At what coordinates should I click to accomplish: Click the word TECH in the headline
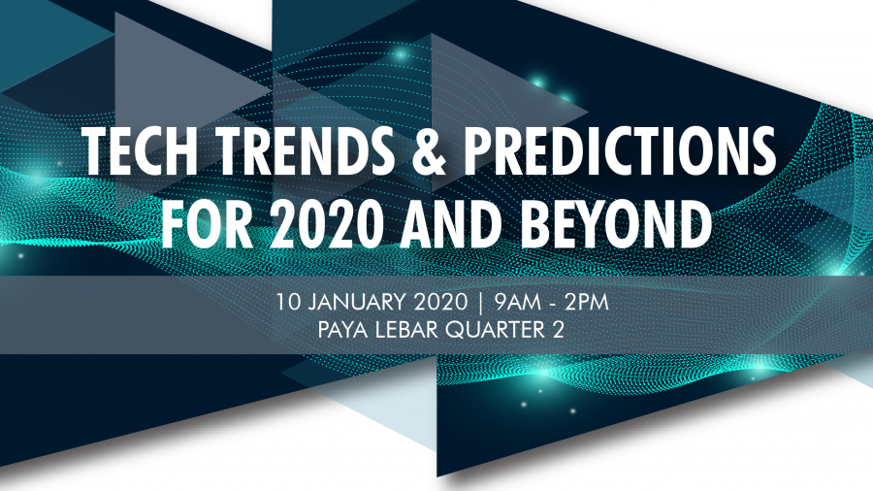click(x=142, y=151)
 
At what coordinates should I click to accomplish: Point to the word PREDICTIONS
click(x=620, y=151)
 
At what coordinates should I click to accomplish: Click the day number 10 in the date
click(x=289, y=303)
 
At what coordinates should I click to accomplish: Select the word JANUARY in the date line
click(x=359, y=303)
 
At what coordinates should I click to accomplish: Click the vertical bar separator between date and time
click(x=481, y=303)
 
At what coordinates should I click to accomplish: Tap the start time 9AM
click(x=517, y=303)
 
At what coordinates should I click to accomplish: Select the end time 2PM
click(x=586, y=303)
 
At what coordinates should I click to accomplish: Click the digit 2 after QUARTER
click(x=559, y=330)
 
